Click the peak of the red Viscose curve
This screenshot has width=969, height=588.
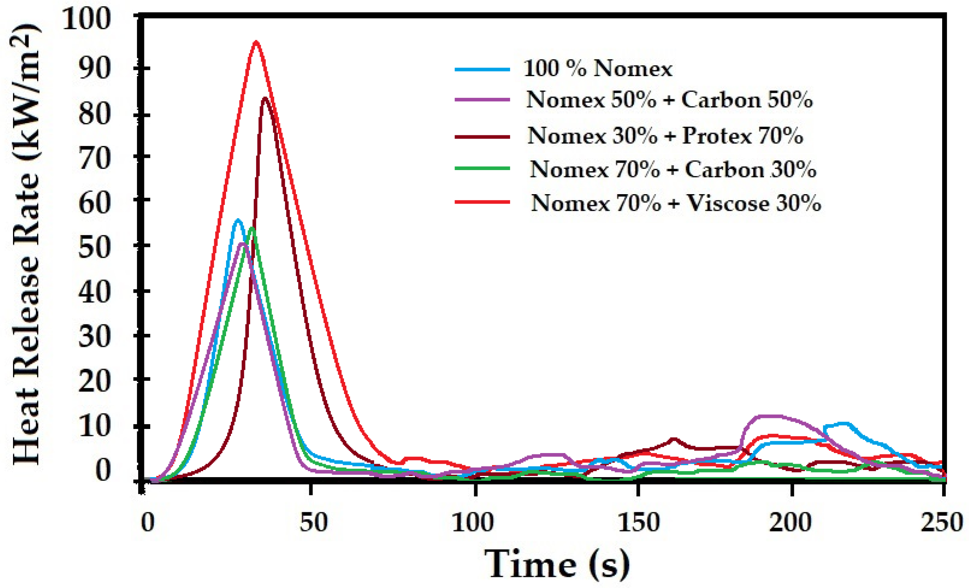coord(256,42)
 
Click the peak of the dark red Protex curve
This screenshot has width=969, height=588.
coord(265,98)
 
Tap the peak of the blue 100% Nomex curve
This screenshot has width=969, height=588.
coord(238,220)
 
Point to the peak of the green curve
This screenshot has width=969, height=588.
coord(252,228)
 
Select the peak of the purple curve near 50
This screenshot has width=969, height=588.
coord(243,244)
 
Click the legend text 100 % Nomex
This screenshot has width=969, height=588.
coord(598,69)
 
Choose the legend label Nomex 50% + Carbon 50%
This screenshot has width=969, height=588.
coord(669,99)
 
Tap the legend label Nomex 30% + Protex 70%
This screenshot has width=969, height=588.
coord(665,136)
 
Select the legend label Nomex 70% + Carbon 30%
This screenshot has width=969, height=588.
coord(673,170)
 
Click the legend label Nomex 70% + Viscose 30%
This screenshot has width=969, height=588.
coord(676,204)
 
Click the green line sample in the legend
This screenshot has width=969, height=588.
coord(482,169)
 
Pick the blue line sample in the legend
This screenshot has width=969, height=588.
coord(482,69)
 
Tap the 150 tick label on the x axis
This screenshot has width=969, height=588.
coord(638,522)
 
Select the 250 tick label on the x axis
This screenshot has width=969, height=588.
coord(941,522)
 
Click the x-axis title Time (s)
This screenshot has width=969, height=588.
coord(557,564)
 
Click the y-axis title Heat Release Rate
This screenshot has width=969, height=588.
coord(26,245)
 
